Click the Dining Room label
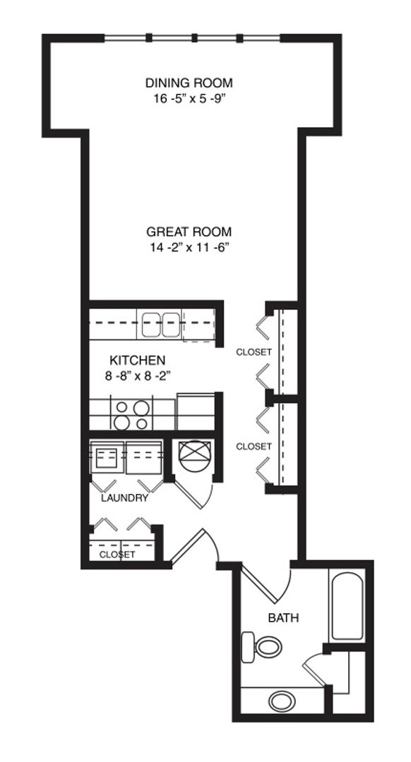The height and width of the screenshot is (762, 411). [x=189, y=83]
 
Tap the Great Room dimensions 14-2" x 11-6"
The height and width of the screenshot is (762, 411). [x=189, y=248]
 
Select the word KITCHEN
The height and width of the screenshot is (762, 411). [x=137, y=361]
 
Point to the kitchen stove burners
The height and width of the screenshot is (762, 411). [x=132, y=415]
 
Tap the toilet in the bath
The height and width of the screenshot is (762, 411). [x=262, y=646]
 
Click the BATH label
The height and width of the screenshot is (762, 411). [x=284, y=618]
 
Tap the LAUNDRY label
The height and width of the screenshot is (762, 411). [x=124, y=498]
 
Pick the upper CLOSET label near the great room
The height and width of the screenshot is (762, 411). [x=254, y=352]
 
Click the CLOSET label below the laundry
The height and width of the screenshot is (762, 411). [x=117, y=555]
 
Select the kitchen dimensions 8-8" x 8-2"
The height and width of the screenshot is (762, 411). [x=137, y=376]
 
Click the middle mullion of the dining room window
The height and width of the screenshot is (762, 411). [x=195, y=38]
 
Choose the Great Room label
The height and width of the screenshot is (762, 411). [x=189, y=232]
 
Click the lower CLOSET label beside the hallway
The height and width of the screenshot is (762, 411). [x=254, y=446]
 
